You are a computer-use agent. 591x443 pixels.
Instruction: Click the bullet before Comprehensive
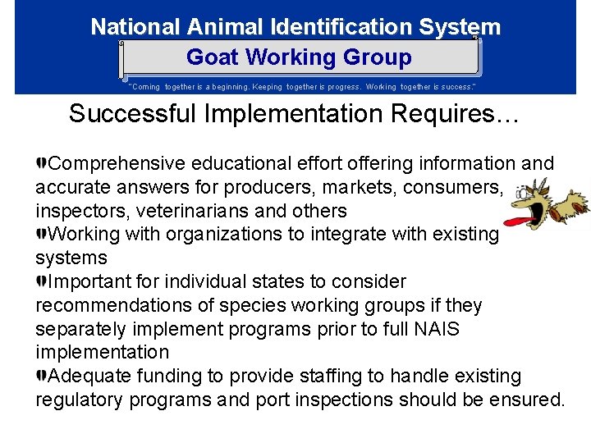(x=41, y=163)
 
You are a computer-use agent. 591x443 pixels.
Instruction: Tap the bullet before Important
(x=41, y=281)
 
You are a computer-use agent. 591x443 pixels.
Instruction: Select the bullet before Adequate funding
(x=41, y=376)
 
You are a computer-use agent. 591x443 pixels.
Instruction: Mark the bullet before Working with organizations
(x=41, y=234)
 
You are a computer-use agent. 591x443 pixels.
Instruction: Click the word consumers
(x=452, y=186)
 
